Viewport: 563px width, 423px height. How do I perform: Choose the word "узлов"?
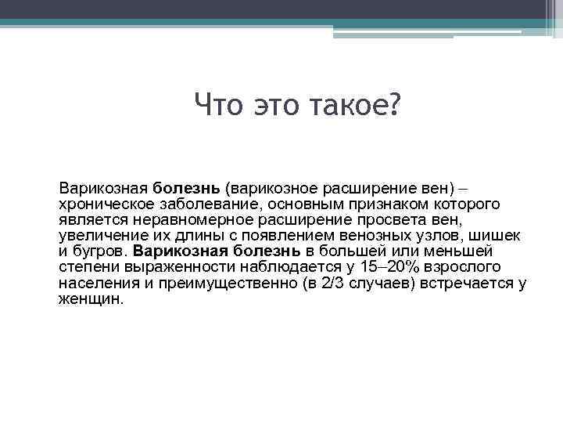tap(448, 235)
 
